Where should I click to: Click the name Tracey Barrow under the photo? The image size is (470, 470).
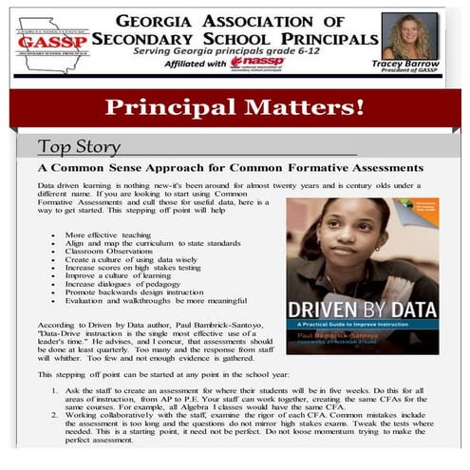pyautogui.click(x=410, y=66)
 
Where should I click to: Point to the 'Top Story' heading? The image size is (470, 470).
pyautogui.click(x=79, y=146)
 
